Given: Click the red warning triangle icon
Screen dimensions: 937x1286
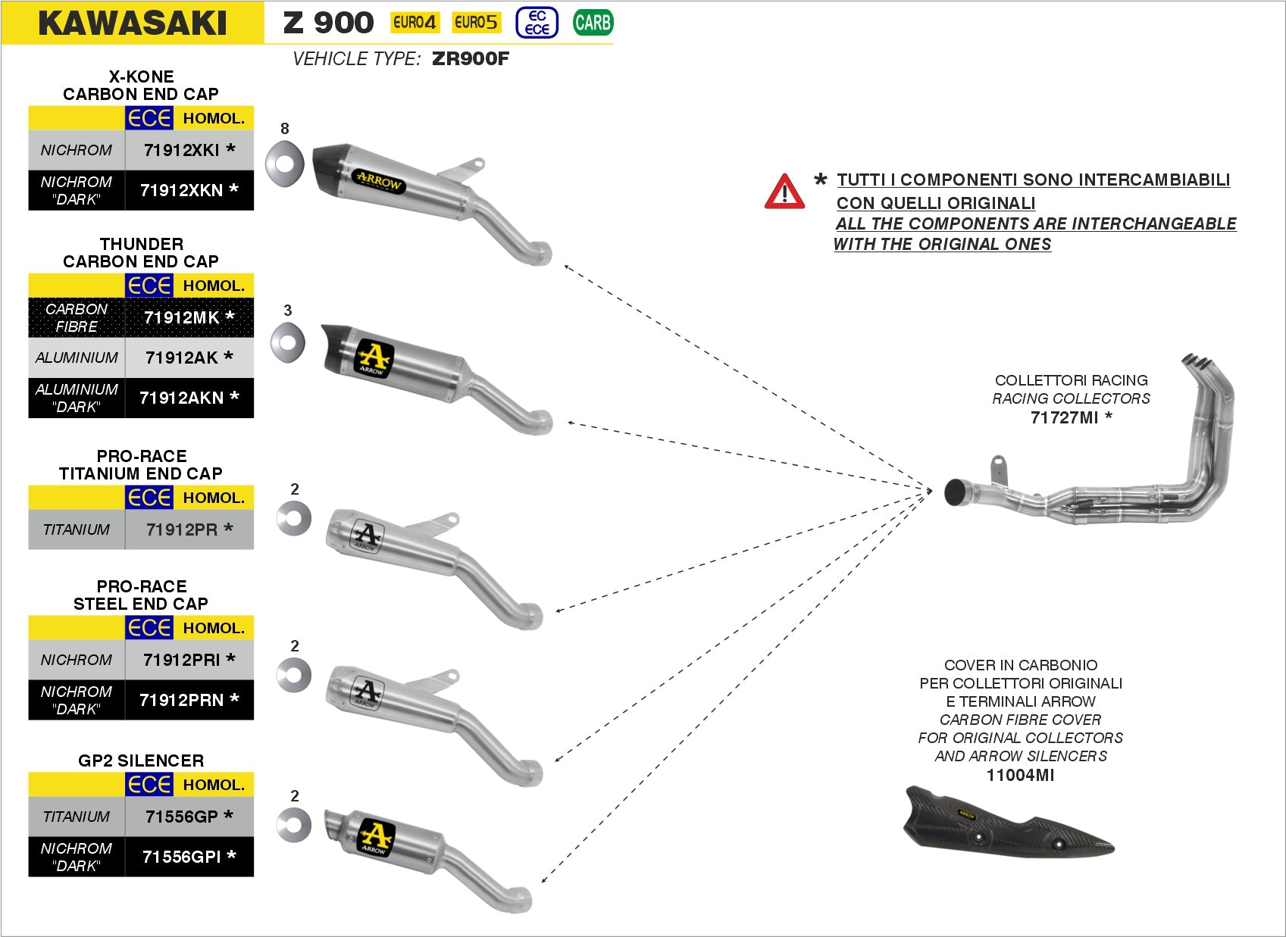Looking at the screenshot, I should pyautogui.click(x=784, y=192).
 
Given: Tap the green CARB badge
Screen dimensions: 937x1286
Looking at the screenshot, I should pyautogui.click(x=593, y=23).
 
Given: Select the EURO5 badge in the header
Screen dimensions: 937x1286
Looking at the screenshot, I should pyautogui.click(x=476, y=23).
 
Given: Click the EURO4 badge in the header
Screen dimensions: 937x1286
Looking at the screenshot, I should pyautogui.click(x=415, y=23).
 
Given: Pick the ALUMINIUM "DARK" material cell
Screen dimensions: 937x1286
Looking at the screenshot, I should pyautogui.click(x=77, y=398).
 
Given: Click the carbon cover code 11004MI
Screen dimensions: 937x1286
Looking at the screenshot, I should pyautogui.click(x=1020, y=775).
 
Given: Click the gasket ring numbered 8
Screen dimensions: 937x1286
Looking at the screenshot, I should pyautogui.click(x=284, y=163).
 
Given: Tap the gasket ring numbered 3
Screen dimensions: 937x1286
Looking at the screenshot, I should pyautogui.click(x=288, y=342).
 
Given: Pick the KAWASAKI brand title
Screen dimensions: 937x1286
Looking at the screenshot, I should pyautogui.click(x=133, y=23).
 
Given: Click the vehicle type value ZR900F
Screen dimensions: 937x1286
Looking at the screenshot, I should pyautogui.click(x=470, y=59).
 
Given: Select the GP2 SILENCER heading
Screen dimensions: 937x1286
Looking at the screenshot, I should pyautogui.click(x=141, y=761).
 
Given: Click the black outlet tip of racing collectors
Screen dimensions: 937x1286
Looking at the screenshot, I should pyautogui.click(x=956, y=492).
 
